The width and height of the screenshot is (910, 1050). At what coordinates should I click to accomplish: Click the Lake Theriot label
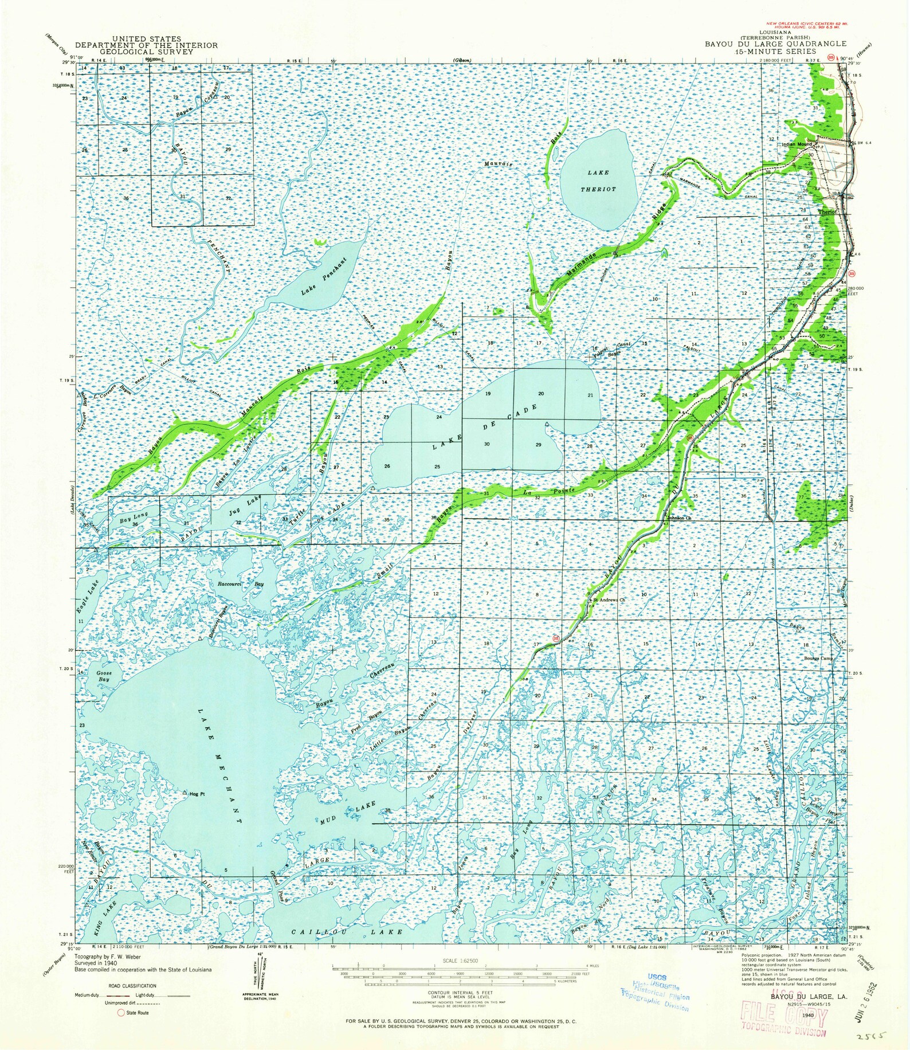click(x=598, y=181)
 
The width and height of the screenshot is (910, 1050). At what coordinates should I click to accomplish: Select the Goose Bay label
click(x=103, y=676)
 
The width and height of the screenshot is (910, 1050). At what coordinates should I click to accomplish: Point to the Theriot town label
click(x=827, y=211)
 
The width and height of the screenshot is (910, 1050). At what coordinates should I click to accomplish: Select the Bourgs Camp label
click(x=818, y=659)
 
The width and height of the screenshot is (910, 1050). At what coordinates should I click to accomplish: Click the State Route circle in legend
click(x=121, y=1013)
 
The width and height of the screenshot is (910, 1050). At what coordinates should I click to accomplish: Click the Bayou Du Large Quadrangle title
click(x=775, y=44)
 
